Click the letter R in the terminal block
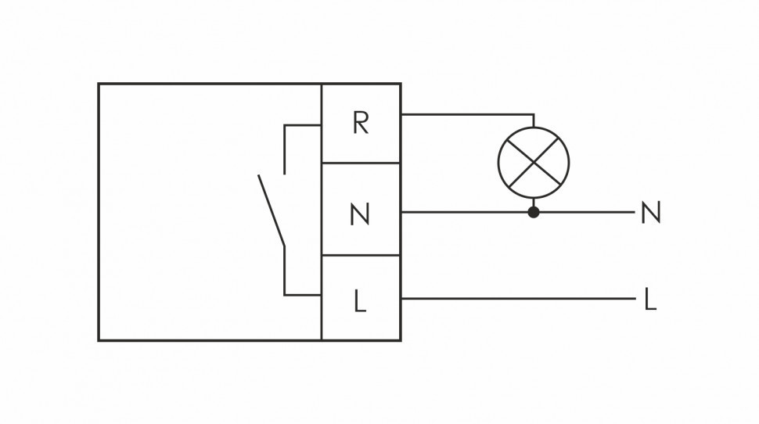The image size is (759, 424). tap(360, 123)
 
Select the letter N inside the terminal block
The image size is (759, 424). tap(360, 214)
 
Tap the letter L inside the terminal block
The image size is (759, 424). tap(360, 301)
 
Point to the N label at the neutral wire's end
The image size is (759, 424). tap(650, 213)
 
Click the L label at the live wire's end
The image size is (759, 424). tap(649, 300)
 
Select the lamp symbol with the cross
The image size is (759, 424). tap(534, 163)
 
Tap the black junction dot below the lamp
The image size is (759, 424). tap(534, 211)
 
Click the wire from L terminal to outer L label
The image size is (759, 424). tap(516, 298)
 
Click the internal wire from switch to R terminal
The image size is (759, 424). tap(302, 124)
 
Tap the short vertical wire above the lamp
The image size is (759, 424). tap(534, 120)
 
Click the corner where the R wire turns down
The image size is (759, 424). tap(534, 114)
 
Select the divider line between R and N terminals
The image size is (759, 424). tap(361, 163)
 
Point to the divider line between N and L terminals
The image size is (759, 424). tap(361, 256)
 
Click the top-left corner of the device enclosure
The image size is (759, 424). tap(99, 84)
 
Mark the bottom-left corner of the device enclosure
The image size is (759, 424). tap(99, 340)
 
